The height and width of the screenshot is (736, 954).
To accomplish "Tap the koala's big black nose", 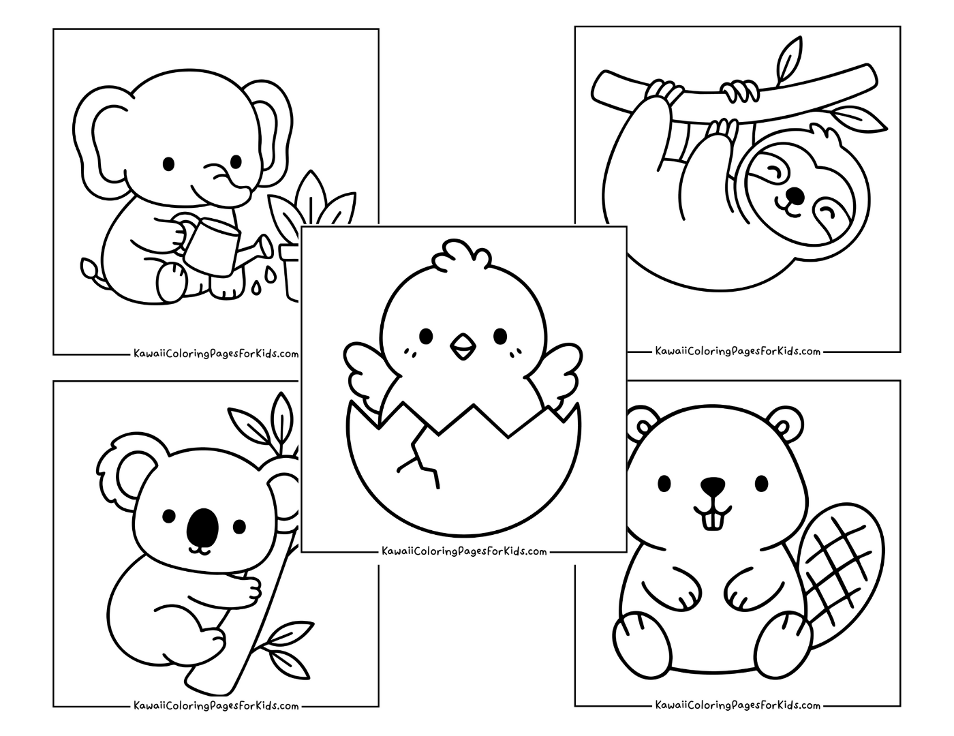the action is [x=202, y=526].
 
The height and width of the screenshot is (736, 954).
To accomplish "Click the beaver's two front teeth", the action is [x=713, y=521].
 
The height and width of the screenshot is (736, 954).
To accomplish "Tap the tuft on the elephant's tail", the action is [x=88, y=268].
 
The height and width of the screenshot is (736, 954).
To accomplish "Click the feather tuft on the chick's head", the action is [x=461, y=255].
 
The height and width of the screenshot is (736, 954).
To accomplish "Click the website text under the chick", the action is [x=465, y=551].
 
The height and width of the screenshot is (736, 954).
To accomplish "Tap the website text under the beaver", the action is [x=737, y=705].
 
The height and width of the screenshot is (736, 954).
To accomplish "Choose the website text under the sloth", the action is [x=737, y=352].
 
